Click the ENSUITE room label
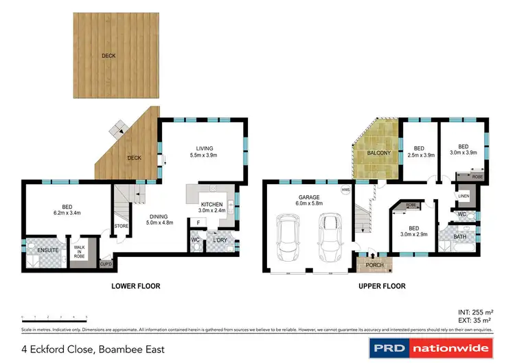click(47, 249)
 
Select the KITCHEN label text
click(210, 205)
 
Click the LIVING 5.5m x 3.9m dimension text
click(205, 156)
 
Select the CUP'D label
click(106, 263)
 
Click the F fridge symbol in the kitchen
click(198, 223)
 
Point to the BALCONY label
click(378, 152)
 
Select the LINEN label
click(463, 197)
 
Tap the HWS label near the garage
click(346, 189)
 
